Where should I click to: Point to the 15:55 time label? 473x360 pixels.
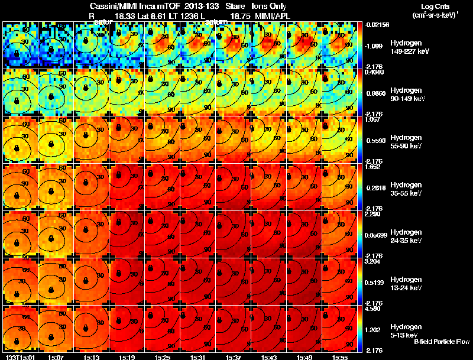click(339, 356)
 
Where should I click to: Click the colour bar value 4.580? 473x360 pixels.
click(374, 309)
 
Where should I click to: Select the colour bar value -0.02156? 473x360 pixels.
click(377, 25)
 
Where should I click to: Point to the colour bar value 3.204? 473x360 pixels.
click(374, 261)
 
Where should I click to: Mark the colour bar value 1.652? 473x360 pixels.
click(374, 167)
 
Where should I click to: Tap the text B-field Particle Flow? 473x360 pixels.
click(441, 342)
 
